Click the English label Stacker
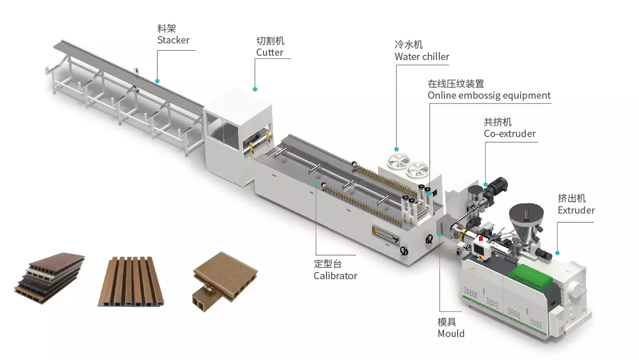(173, 40)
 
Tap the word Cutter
(270, 52)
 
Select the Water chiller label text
(422, 57)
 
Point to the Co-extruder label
(509, 134)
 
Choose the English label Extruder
(576, 210)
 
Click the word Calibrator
(335, 276)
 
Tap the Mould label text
(451, 334)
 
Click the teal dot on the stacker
(158, 81)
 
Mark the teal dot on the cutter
(255, 89)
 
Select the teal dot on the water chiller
(397, 150)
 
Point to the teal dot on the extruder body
(557, 253)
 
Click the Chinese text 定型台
(328, 264)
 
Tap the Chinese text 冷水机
(409, 45)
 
